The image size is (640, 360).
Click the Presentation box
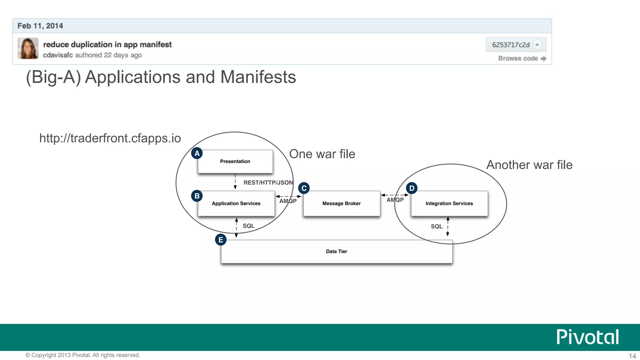coord(235,162)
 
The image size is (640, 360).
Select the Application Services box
coord(236,203)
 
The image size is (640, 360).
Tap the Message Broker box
coord(341,203)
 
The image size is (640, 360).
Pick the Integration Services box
coord(449,203)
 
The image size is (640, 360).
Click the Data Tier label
coord(336,252)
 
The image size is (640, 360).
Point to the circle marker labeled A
coord(197,153)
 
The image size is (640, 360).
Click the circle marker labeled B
coord(197,196)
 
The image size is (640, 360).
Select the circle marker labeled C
coord(304,188)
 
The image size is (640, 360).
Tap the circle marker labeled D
coord(412,188)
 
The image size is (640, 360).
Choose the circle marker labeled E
coord(221,240)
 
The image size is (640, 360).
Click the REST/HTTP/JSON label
coord(268,182)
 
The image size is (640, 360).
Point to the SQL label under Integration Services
coord(437,227)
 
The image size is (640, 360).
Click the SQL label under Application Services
coord(248,226)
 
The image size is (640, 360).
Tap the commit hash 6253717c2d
coord(511,45)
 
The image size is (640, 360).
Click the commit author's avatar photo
coord(28,48)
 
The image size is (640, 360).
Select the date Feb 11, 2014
coord(40,26)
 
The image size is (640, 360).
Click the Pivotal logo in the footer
coord(587,337)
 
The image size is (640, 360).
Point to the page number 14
coord(632,356)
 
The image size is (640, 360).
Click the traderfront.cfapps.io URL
coord(110,138)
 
